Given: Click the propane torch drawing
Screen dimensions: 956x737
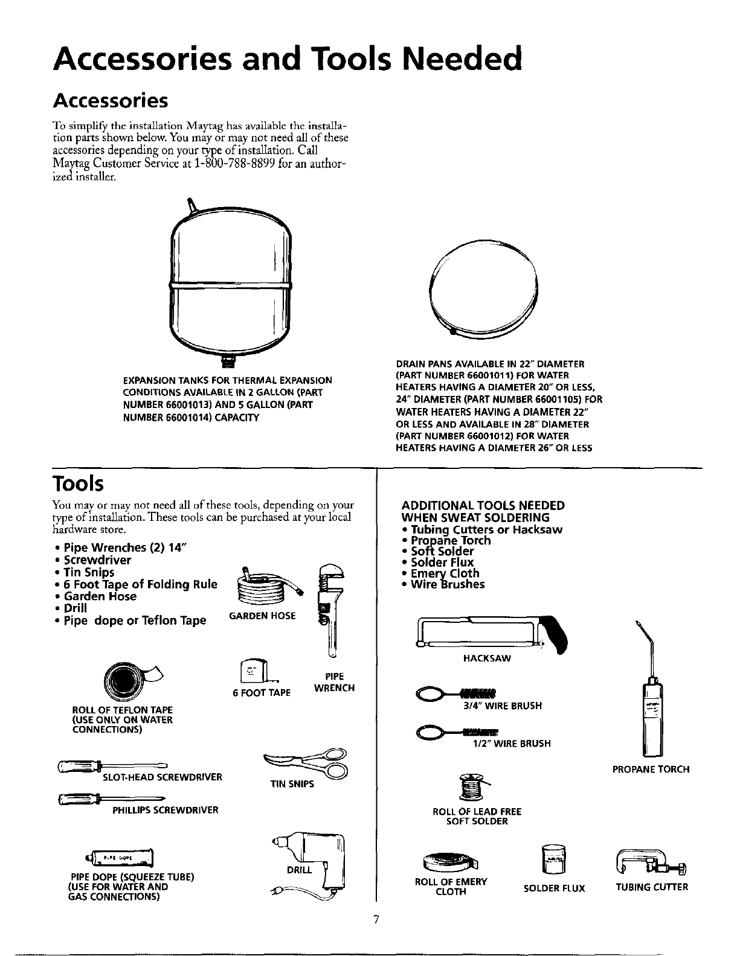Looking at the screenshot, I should (x=653, y=706).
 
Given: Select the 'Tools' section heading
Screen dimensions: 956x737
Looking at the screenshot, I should (x=78, y=483).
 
